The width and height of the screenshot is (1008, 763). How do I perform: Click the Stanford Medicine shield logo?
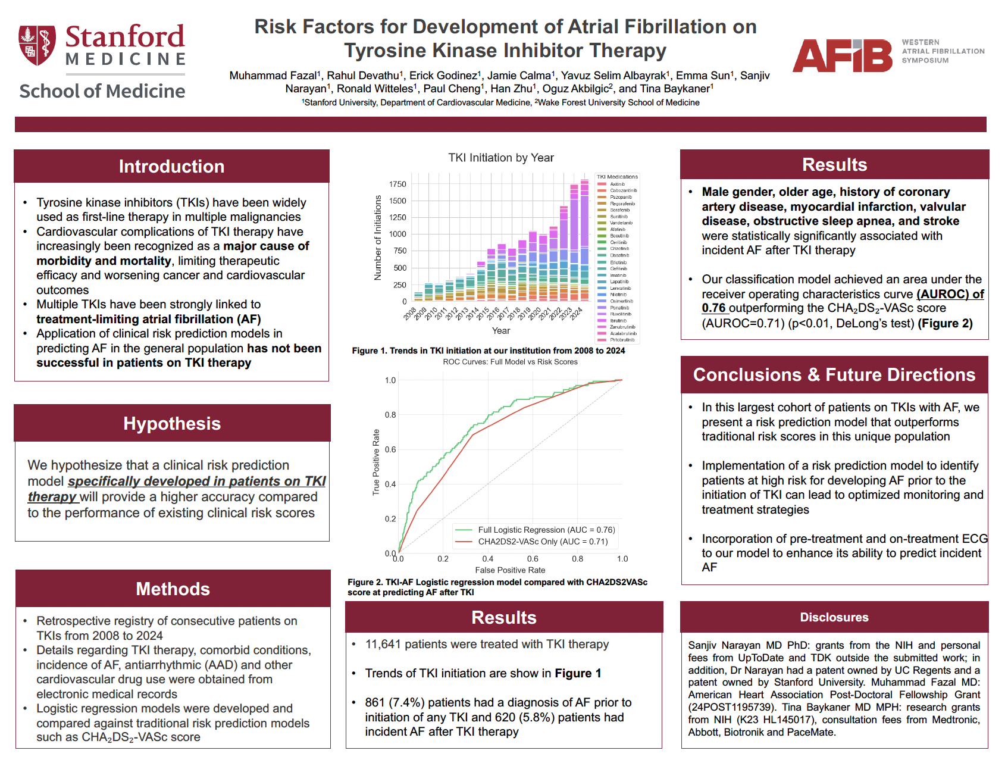coord(37,45)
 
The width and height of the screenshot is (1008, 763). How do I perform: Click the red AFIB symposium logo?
coord(842,56)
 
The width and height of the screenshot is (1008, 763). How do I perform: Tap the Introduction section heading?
coord(171,167)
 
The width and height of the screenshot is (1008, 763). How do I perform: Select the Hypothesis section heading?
coord(172,424)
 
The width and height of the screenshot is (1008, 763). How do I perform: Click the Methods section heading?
coord(173,589)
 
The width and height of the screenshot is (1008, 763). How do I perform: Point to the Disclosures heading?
coord(834,617)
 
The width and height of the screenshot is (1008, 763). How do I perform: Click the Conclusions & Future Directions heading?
coord(834,375)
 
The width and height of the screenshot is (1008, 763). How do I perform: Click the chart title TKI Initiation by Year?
coord(500,158)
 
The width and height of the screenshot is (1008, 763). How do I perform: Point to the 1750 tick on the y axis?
coord(397,185)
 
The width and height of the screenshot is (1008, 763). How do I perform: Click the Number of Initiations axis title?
coord(377,238)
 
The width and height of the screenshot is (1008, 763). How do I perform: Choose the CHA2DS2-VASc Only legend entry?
coord(542,542)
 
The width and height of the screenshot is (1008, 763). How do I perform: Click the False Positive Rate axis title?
coord(510,570)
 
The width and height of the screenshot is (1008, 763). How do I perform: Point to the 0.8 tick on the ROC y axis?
coord(390,415)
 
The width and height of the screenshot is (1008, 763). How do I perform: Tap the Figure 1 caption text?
coord(488,351)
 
